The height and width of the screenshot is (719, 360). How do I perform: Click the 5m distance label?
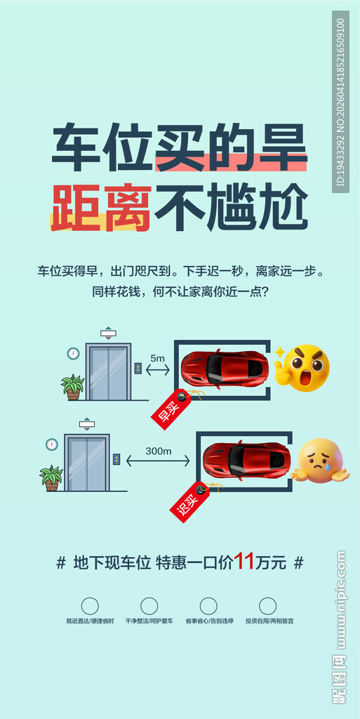pyautogui.click(x=158, y=358)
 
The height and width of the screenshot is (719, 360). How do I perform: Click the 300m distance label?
pyautogui.click(x=159, y=451)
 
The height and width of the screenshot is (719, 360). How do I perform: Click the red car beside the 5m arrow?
pyautogui.click(x=223, y=367)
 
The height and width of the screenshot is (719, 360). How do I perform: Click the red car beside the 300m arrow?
pyautogui.click(x=246, y=460)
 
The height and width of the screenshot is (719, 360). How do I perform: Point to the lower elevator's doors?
pyautogui.click(x=86, y=463)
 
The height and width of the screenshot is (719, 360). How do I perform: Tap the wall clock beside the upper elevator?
pyautogui.click(x=73, y=353)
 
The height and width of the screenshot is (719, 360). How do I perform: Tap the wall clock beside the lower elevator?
pyautogui.click(x=51, y=444)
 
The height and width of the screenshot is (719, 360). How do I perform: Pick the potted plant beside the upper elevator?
pyautogui.click(x=72, y=386)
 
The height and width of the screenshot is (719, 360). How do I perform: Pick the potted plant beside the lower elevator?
pyautogui.click(x=51, y=477)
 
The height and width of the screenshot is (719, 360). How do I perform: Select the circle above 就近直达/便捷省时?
pyautogui.click(x=90, y=605)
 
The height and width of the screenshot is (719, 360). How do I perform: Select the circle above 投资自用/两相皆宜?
pyautogui.click(x=267, y=605)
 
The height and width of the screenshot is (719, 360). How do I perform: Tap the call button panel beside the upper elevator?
pyautogui.click(x=138, y=368)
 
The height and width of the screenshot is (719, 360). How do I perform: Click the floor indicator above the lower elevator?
pyautogui.click(x=86, y=423)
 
